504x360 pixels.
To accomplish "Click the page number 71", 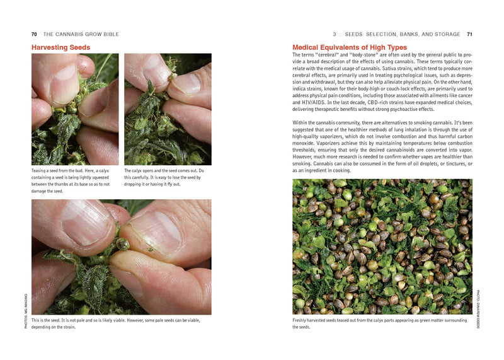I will pyautogui.click(x=469, y=34).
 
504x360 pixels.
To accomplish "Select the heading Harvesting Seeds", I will pyautogui.click(x=60, y=47).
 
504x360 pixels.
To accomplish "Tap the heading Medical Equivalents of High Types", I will pyautogui.click(x=350, y=47).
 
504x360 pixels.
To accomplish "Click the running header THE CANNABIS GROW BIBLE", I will pyautogui.click(x=81, y=34).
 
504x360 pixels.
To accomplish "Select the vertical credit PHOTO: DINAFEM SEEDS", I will pyautogui.click(x=478, y=309).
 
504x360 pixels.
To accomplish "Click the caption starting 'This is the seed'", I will pyautogui.click(x=116, y=324).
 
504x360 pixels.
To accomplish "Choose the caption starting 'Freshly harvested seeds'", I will pyautogui.click(x=379, y=324).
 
